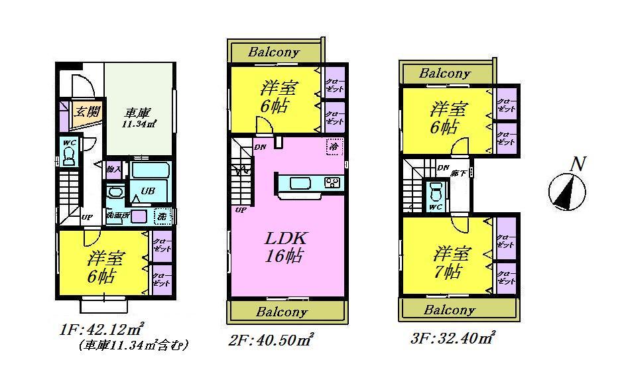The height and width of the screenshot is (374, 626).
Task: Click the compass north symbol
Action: click(568, 191)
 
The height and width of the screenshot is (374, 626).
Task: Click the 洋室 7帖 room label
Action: click(452, 262)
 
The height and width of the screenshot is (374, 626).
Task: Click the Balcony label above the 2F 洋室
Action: click(275, 52)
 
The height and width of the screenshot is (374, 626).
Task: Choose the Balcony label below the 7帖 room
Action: click(449, 310)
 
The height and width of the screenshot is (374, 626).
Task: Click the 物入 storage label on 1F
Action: click(113, 170)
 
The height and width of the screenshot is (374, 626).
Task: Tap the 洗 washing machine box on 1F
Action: click(161, 216)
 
